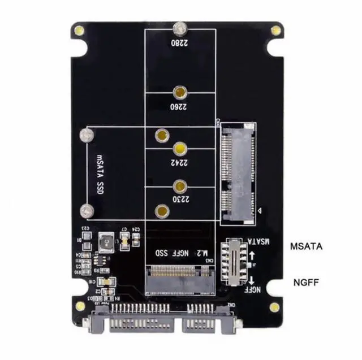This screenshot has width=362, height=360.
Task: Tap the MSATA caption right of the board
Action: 306,246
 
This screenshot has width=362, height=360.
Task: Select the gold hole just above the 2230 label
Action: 180,185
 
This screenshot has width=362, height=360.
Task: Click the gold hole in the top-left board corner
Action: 82,29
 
